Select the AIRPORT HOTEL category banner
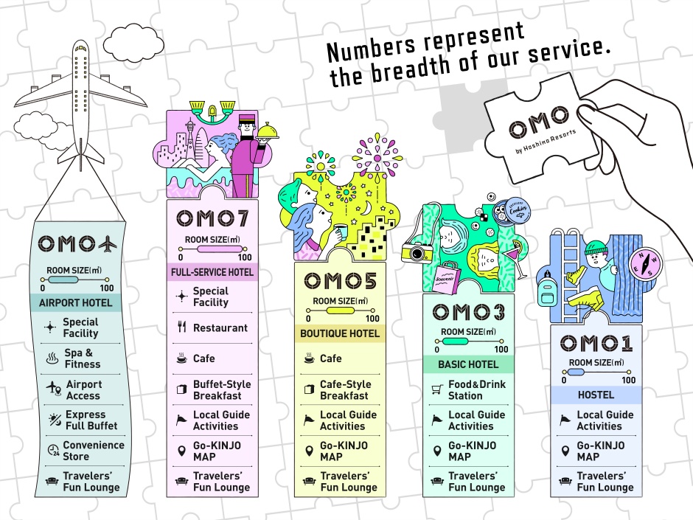[x=76, y=302]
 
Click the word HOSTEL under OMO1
[x=596, y=395]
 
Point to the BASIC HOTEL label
[x=467, y=364]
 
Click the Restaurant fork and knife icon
[x=181, y=327]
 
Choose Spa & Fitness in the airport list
[x=83, y=358]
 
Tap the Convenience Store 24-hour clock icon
[x=52, y=451]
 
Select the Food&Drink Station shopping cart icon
[x=435, y=389]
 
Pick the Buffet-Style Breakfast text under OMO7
[x=221, y=390]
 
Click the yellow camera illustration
[x=417, y=252]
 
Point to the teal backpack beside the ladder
[x=546, y=293]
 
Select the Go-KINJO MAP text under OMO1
[x=600, y=451]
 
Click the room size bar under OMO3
[x=469, y=340]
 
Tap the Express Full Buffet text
[x=90, y=420]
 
